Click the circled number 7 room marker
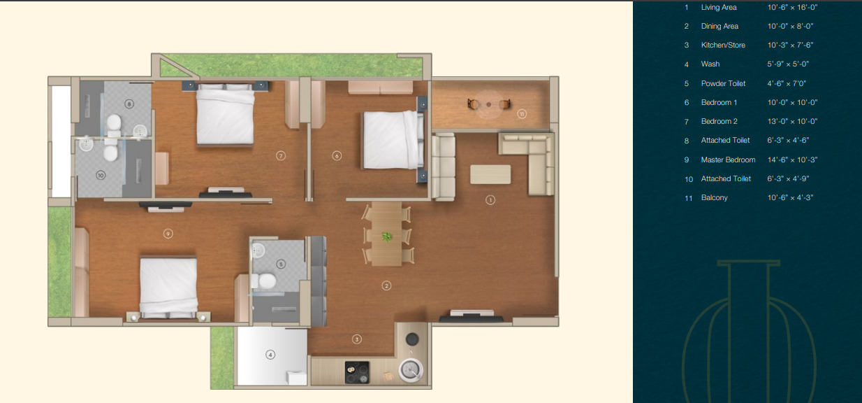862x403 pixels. coord(281,156)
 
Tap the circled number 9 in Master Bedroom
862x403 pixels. coord(168,234)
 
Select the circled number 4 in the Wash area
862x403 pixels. coord(270,355)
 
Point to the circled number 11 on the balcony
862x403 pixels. coord(521,113)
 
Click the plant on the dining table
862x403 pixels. coord(387,236)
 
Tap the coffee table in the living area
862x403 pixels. coord(490,174)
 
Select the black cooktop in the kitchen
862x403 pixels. coord(357,372)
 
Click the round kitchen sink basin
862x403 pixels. coord(411,370)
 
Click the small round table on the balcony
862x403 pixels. coord(489,104)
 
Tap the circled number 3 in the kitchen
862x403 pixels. coord(357,339)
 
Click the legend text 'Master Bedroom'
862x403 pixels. coord(728,160)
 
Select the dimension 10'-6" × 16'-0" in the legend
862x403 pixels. coord(792,7)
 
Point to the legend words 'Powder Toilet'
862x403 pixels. coord(723,83)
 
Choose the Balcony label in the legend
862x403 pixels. coord(714,197)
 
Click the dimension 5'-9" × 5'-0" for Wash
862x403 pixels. coord(788,64)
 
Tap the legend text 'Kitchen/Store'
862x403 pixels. coord(723,45)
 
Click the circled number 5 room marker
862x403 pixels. coord(281,264)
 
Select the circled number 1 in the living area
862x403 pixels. coord(490,200)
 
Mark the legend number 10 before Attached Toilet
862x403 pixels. coord(689,179)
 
